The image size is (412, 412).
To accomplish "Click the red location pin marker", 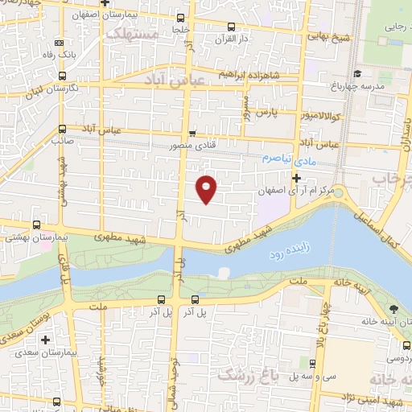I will coord(208,188).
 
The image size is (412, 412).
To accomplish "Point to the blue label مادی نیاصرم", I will coord(287,159).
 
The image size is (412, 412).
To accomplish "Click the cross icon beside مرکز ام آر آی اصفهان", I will coord(297,177).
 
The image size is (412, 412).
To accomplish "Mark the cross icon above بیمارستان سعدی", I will coord(46,340).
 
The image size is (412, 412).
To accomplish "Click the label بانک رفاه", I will coord(59,55).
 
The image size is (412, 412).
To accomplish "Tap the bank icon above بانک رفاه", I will coord(59,43).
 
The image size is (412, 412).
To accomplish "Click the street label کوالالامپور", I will coord(333,116).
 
